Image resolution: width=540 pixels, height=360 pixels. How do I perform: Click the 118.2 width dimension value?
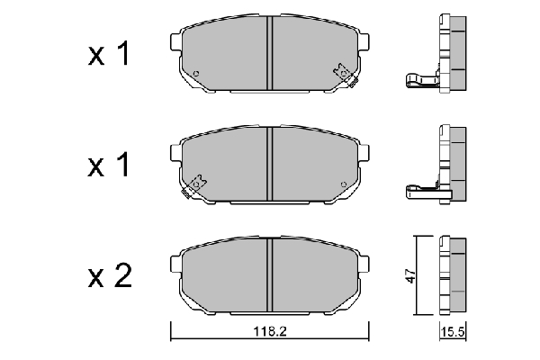point(270,331)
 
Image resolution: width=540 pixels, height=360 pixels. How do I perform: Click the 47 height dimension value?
point(410,275)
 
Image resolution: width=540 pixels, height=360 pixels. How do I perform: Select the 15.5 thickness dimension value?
point(453,332)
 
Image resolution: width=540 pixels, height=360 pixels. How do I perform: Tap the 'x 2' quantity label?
point(110,276)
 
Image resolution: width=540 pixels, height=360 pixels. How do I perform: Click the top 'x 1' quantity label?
point(109,53)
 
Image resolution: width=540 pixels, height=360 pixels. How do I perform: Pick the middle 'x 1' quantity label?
point(109,165)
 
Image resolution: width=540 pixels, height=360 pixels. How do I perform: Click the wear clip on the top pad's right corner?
point(346,75)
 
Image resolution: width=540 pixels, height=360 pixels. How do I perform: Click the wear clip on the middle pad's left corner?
point(193,186)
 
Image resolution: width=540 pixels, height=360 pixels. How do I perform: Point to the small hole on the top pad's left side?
point(196,74)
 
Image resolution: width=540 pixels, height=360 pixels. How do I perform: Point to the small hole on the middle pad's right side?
point(344,184)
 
